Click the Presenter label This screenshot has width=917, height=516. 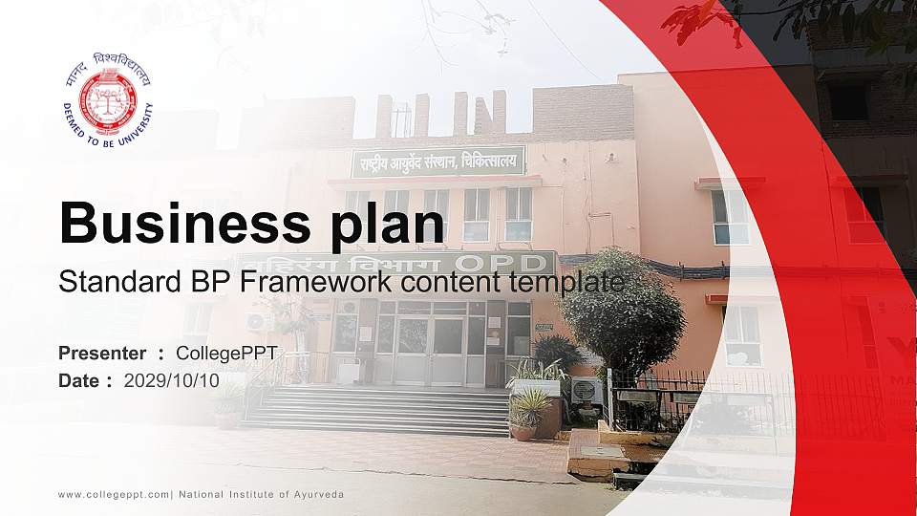102,354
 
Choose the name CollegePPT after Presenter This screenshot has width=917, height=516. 226,354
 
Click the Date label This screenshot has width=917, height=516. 79,380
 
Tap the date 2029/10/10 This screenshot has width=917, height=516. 172,380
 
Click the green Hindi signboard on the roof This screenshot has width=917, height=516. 438,161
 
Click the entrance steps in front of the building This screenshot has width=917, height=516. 382,408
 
